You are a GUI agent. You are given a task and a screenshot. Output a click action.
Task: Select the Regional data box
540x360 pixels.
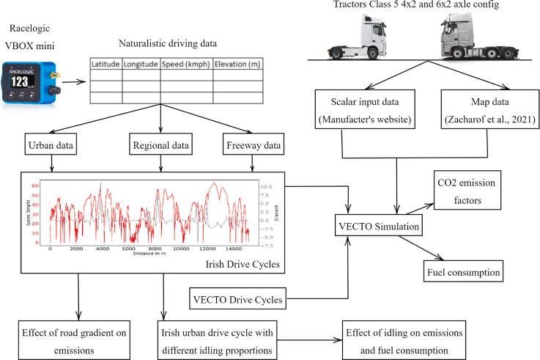point(160,145)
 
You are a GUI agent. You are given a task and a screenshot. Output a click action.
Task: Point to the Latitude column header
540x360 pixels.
point(106,65)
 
